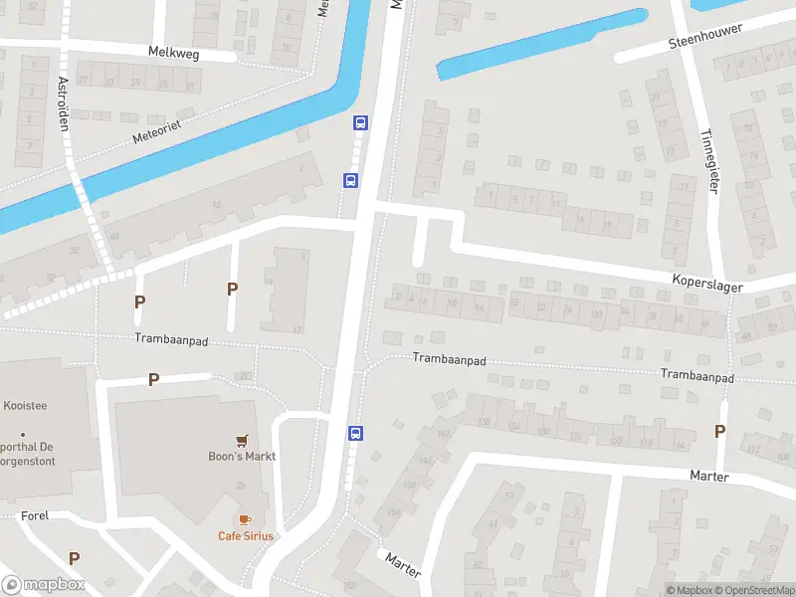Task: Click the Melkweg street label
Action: [x=173, y=53]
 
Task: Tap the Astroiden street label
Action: [x=64, y=99]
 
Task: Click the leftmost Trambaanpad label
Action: [x=171, y=339]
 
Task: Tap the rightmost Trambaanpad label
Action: [x=696, y=378]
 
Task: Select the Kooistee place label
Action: [x=27, y=406]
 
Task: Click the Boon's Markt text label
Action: [x=242, y=457]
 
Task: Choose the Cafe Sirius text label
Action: [x=246, y=536]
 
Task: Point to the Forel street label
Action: [x=35, y=515]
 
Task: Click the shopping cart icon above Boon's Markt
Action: [x=241, y=440]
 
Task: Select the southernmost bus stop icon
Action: [x=355, y=433]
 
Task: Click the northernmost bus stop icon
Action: [x=360, y=123]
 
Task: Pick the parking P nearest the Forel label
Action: [x=74, y=558]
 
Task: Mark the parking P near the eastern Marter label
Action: [x=719, y=431]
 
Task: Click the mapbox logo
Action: [x=44, y=585]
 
